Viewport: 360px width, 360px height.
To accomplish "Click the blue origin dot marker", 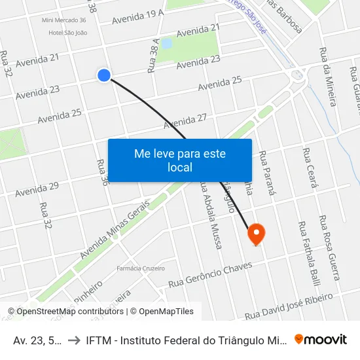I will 103,75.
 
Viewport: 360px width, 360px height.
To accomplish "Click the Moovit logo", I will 320,339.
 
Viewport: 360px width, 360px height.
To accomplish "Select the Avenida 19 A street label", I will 138,16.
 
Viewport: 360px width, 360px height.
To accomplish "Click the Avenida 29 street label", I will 37,189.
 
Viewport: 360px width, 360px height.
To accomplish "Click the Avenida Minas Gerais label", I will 115,229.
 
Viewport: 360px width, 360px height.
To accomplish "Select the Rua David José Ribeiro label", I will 289,306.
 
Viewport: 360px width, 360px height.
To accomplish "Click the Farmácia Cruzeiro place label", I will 140,268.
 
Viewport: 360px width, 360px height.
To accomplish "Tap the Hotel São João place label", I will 68,32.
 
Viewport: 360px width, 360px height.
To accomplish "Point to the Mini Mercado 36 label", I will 63,20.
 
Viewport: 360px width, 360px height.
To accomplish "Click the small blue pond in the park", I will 166,44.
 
